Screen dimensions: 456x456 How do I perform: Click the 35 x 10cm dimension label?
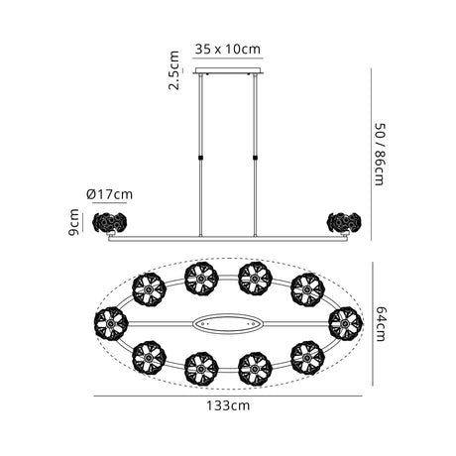(227, 50)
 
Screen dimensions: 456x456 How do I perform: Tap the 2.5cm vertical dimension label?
(173, 70)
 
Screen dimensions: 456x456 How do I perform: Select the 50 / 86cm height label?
(380, 155)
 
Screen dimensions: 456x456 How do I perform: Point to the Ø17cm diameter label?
(109, 194)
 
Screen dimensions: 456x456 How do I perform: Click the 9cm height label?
(73, 222)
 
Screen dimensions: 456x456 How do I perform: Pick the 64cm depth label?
(381, 324)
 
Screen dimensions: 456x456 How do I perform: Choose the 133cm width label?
(228, 405)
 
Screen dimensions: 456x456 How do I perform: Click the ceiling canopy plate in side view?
(228, 70)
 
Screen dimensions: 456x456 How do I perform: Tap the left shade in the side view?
(110, 222)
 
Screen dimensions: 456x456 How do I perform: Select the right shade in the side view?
(344, 222)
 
